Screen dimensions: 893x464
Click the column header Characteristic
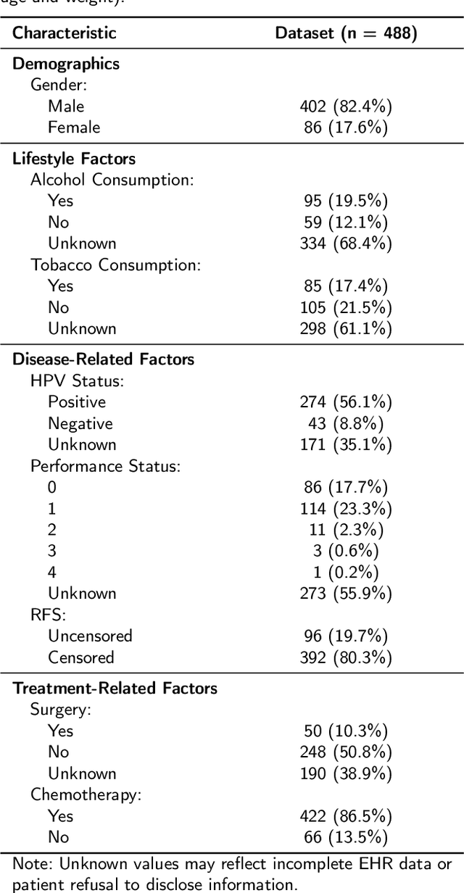65,33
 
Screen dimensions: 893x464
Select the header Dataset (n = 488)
346,33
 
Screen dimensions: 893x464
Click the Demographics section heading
66,63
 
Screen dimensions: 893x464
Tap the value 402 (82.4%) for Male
346,107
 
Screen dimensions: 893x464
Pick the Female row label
73,128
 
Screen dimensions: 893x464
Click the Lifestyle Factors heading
74,159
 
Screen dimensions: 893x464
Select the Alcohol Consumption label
112,180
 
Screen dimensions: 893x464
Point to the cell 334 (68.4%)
346,244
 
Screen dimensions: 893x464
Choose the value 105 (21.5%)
346,307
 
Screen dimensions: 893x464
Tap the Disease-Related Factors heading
104,359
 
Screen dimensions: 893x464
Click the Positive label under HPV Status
77,402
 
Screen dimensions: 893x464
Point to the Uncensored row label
90,636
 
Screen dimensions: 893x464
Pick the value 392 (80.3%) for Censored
346,658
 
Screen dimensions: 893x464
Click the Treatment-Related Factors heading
115,688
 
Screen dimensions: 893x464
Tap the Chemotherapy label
86,794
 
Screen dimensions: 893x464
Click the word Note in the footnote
31,864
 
